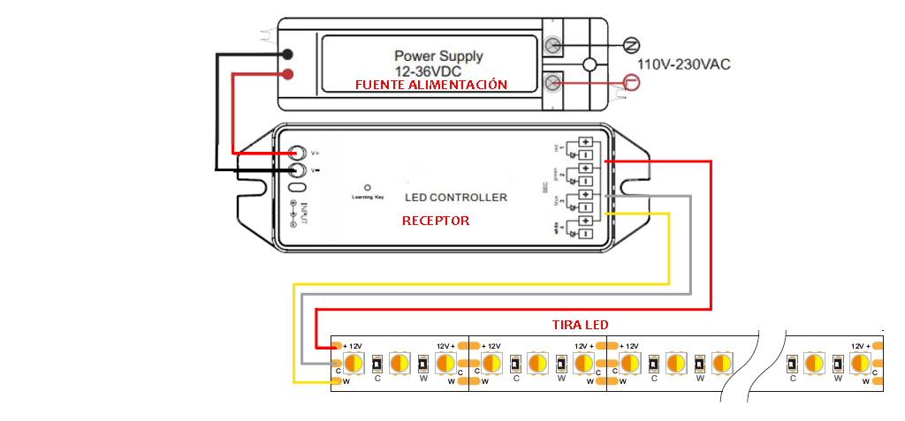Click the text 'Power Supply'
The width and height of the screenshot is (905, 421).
point(438,56)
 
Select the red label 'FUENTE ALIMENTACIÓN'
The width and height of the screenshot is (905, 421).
point(431,85)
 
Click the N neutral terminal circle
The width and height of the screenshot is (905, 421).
point(631,44)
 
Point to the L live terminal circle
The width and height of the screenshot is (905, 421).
point(631,83)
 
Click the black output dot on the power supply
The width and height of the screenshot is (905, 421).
point(288,55)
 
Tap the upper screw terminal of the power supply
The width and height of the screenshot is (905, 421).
point(554,45)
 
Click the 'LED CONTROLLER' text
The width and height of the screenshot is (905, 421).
point(456,197)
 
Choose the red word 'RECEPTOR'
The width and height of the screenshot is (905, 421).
point(436,221)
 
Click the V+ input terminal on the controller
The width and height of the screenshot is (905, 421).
point(300,153)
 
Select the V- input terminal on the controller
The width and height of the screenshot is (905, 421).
point(300,169)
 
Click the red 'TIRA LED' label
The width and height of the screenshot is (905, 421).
point(580,325)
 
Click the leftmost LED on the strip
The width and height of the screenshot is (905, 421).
point(354,363)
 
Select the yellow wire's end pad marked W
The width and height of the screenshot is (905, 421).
point(336,381)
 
